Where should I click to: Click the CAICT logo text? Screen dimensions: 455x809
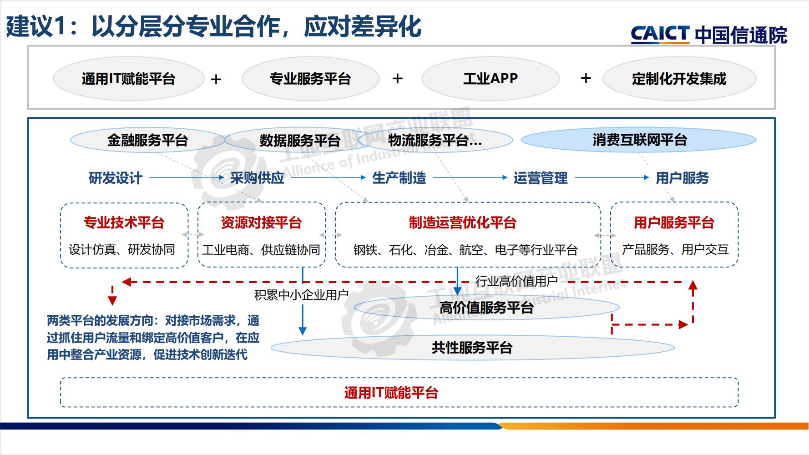tap(659, 35)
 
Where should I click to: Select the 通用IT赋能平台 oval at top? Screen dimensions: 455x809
tap(128, 79)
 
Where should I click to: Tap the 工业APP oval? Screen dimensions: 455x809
tap(490, 79)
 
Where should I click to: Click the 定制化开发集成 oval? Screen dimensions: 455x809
tap(679, 79)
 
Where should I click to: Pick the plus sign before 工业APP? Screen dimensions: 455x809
tap(398, 79)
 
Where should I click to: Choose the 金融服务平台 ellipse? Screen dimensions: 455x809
tap(147, 140)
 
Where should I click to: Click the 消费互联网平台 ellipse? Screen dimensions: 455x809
tap(639, 140)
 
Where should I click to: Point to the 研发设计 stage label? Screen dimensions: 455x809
tap(116, 178)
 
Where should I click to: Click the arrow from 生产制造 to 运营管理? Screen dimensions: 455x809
tap(469, 178)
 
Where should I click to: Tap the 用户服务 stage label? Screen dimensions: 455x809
tap(682, 178)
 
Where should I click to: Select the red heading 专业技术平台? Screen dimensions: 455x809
tap(124, 222)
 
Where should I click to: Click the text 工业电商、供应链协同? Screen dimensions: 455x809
tap(261, 250)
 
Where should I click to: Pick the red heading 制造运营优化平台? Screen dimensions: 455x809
tap(462, 222)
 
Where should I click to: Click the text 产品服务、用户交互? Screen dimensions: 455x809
tap(675, 250)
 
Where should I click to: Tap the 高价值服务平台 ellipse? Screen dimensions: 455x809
tap(486, 308)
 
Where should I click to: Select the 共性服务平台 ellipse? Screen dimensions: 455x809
tap(472, 348)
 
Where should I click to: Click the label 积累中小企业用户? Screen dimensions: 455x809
tap(301, 295)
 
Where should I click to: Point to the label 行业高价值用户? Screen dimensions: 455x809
tap(516, 281)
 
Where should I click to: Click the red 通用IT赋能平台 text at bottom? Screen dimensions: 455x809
tap(391, 393)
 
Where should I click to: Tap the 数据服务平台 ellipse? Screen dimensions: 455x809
tap(300, 140)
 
